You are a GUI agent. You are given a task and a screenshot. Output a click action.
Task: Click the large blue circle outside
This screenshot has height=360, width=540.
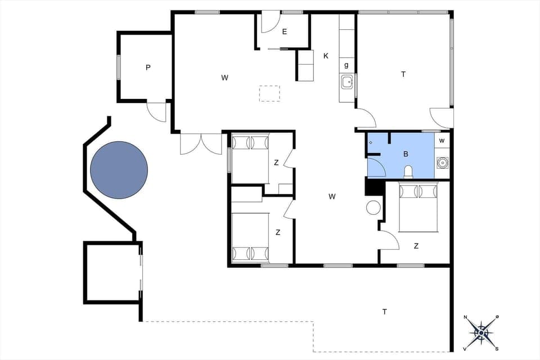(119, 170)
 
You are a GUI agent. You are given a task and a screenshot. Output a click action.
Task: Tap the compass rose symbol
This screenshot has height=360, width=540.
(481, 332)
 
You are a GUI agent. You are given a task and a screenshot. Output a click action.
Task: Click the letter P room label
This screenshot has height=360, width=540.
(148, 67)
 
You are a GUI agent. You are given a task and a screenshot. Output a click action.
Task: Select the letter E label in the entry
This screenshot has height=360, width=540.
(285, 32)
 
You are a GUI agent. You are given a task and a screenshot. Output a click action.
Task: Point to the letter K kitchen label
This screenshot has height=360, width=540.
(326, 56)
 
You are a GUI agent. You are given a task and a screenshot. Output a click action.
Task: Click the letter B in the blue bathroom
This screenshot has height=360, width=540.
(406, 154)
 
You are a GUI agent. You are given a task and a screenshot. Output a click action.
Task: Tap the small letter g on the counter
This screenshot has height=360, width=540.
(346, 65)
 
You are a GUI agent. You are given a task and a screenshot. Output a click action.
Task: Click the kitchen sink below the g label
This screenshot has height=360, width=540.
(346, 82)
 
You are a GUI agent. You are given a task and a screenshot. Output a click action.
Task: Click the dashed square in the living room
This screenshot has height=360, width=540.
(269, 93)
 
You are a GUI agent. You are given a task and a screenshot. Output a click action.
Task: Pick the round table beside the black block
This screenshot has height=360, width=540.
(373, 208)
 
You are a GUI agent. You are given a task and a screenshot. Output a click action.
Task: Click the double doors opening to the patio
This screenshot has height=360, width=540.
(201, 143)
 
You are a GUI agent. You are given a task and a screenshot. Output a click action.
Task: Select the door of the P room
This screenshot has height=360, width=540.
(156, 112)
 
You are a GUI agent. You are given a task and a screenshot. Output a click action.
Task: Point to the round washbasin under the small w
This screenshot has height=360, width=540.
(443, 163)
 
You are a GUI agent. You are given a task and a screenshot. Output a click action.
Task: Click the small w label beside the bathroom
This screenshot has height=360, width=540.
(442, 141)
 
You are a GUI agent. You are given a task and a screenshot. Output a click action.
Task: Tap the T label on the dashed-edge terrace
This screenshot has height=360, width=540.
(385, 312)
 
